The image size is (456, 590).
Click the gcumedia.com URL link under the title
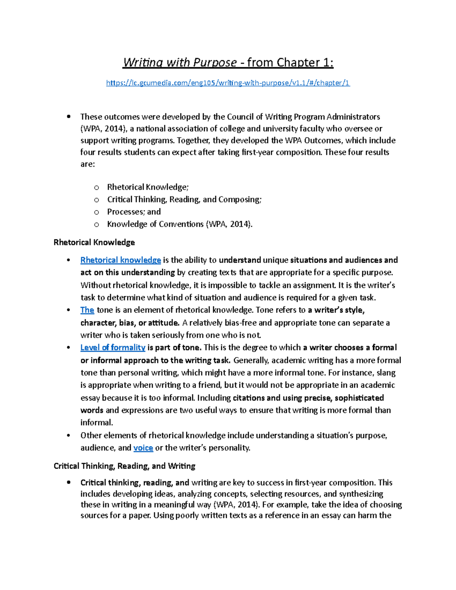pos(228,83)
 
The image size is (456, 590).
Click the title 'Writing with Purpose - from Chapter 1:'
pos(228,62)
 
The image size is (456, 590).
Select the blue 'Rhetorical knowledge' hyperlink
pos(120,260)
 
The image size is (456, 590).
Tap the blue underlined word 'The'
pos(87,310)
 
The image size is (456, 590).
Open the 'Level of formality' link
pos(112,348)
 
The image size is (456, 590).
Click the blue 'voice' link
pos(143,448)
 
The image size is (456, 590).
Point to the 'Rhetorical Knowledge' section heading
pos(94,242)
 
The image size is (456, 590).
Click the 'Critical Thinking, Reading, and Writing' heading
pos(124,466)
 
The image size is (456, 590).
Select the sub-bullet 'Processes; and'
pos(134,212)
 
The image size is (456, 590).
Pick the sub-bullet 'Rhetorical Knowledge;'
pos(147,187)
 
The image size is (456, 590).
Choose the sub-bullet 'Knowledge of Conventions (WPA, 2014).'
pos(179,224)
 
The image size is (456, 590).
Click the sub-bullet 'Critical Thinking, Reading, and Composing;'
pos(184,199)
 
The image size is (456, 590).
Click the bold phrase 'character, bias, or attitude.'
pos(130,323)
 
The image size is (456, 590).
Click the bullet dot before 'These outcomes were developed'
pos(69,117)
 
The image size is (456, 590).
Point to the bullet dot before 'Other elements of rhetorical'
pos(69,436)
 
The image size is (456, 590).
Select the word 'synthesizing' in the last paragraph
pos(361,494)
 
